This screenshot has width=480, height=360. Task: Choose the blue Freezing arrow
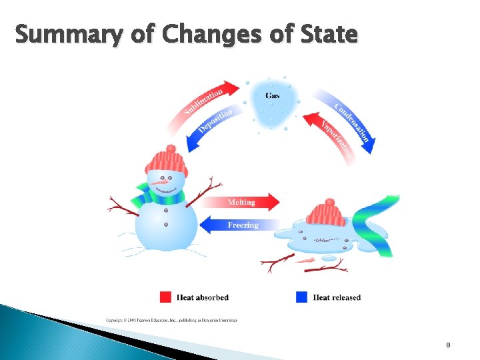(240, 225)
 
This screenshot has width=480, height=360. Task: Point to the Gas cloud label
(273, 96)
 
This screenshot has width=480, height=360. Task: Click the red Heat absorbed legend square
(166, 297)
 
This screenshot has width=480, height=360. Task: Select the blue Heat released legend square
(301, 297)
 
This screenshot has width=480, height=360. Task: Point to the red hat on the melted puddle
(326, 213)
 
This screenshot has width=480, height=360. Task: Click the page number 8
(448, 345)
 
